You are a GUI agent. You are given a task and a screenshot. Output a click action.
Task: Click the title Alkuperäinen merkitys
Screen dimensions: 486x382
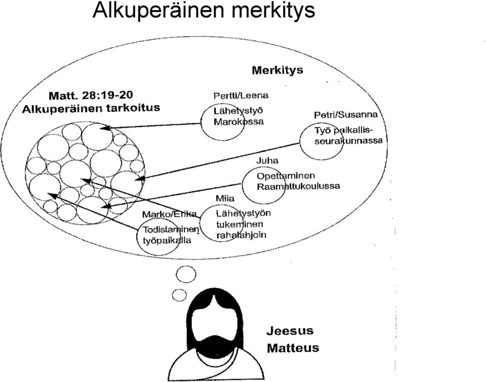(x=204, y=10)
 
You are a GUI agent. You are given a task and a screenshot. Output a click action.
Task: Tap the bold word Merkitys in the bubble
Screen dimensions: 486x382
(x=277, y=70)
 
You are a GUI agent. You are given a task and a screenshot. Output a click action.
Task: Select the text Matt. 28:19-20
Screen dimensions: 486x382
(x=92, y=95)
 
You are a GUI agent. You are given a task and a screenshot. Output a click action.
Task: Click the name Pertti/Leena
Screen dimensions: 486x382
(x=241, y=96)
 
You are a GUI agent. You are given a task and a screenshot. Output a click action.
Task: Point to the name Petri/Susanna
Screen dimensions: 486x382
(x=346, y=115)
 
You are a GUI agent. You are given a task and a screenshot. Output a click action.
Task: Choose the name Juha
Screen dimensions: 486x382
(x=267, y=160)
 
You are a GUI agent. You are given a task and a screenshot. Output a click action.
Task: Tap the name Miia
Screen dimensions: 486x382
(x=225, y=198)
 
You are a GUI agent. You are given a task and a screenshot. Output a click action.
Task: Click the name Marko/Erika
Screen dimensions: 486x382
(x=169, y=214)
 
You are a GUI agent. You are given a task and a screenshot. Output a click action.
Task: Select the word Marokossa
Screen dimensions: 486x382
(x=238, y=121)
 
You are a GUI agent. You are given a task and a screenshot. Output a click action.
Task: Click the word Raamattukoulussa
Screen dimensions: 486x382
(x=298, y=186)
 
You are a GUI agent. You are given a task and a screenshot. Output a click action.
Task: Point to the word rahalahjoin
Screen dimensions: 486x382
(x=241, y=235)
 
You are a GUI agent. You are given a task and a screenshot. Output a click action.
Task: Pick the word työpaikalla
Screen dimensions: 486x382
(x=167, y=240)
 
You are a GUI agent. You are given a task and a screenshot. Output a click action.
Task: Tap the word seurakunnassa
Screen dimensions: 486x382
(x=348, y=141)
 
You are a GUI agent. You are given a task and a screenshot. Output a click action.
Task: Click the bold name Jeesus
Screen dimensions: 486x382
(x=290, y=331)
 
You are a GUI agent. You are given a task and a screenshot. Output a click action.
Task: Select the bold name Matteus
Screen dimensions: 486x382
(x=293, y=348)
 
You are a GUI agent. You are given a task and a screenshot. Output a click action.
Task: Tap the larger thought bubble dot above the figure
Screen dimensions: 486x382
(x=186, y=274)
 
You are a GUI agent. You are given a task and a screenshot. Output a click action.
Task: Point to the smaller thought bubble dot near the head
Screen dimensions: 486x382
(x=179, y=295)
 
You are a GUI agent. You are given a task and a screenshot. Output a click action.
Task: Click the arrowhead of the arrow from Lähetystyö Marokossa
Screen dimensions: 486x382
(x=105, y=128)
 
